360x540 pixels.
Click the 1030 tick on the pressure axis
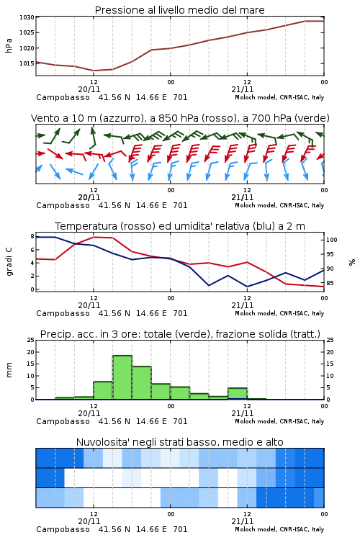click(27, 17)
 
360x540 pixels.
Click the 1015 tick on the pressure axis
click(27, 63)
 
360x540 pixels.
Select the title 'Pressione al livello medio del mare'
click(179, 10)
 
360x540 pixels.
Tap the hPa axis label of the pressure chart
click(9, 45)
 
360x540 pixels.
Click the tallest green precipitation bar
click(122, 377)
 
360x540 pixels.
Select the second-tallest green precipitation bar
click(142, 382)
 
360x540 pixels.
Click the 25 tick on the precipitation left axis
click(31, 340)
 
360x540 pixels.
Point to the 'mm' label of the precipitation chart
click(9, 370)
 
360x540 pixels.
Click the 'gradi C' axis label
click(9, 262)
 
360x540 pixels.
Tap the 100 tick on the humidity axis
click(331, 240)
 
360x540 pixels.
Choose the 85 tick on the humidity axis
click(330, 283)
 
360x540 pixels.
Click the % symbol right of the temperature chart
click(352, 262)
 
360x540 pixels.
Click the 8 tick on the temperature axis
click(32, 236)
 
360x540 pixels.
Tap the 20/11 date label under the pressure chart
click(89, 89)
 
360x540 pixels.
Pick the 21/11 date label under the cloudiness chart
click(243, 521)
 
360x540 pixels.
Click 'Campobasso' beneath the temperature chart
click(63, 313)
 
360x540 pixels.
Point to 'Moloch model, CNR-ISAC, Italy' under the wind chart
click(279, 205)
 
